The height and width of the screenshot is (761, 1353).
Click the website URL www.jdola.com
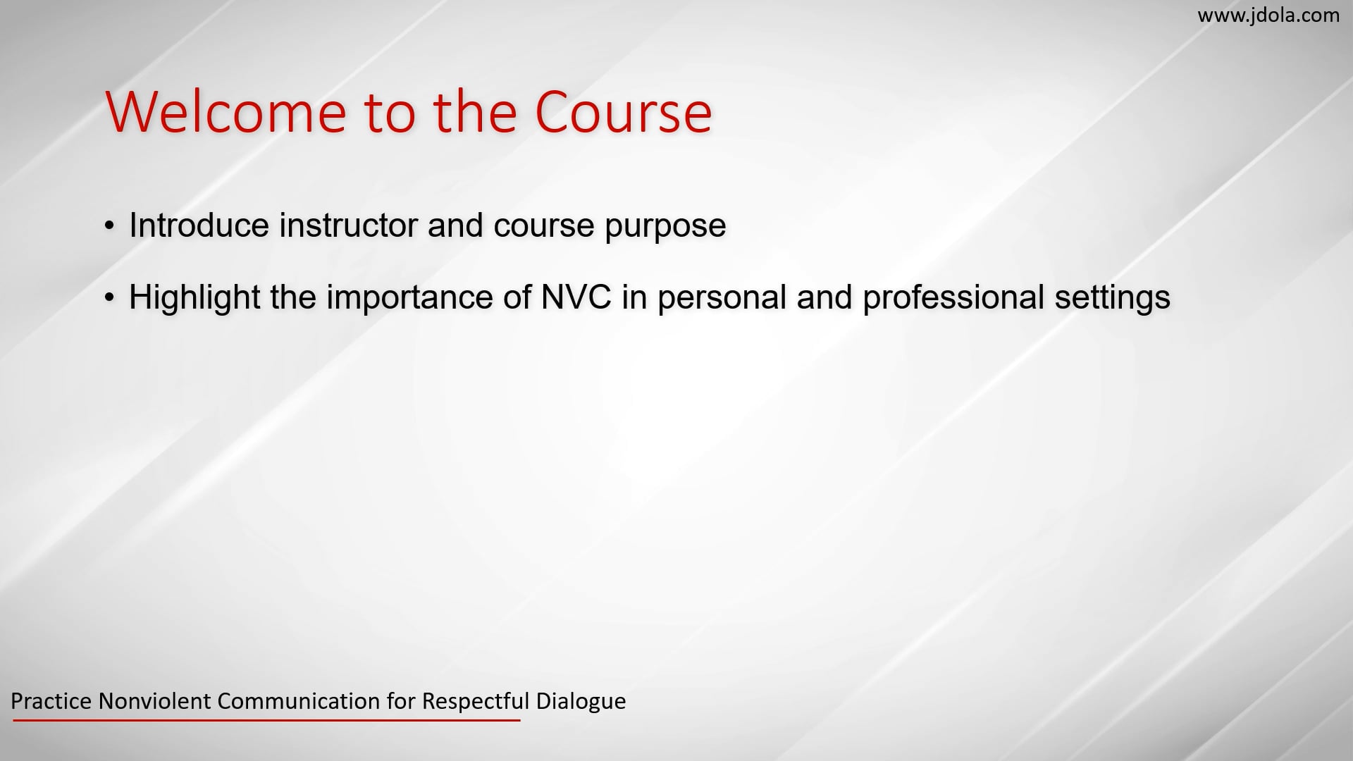[1268, 16]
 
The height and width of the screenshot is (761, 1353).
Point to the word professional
[953, 297]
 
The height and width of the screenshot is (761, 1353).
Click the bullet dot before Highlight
[109, 298]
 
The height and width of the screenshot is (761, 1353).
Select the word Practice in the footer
[51, 701]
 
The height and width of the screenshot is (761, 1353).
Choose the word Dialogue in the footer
[581, 701]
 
